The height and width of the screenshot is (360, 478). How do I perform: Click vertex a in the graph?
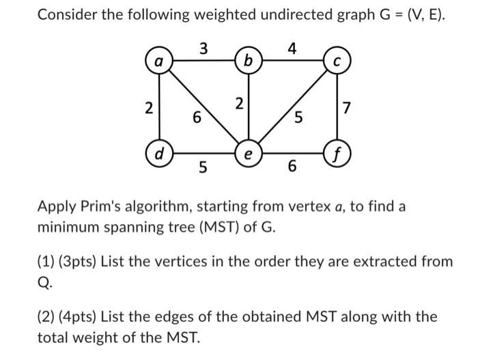pyautogui.click(x=159, y=61)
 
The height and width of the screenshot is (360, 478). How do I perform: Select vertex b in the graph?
pyautogui.click(x=247, y=61)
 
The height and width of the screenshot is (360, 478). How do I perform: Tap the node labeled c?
pyautogui.click(x=336, y=61)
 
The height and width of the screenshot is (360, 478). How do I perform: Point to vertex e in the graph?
pyautogui.click(x=247, y=152)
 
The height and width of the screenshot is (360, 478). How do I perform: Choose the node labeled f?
pyautogui.click(x=336, y=152)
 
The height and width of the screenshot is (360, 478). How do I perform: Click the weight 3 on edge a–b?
pyautogui.click(x=203, y=48)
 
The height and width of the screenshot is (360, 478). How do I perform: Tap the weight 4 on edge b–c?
pyautogui.click(x=292, y=48)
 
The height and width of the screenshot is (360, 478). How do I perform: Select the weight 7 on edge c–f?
pyautogui.click(x=348, y=107)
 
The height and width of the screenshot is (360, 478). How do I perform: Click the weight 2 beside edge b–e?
pyautogui.click(x=238, y=104)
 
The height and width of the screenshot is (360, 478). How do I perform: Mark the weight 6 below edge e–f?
pyautogui.click(x=292, y=166)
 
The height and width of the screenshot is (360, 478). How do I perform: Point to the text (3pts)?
pyautogui.click(x=81, y=261)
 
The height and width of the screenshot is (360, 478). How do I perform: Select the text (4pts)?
pyautogui.click(x=81, y=317)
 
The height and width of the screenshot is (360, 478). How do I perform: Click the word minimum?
pyautogui.click(x=70, y=226)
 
